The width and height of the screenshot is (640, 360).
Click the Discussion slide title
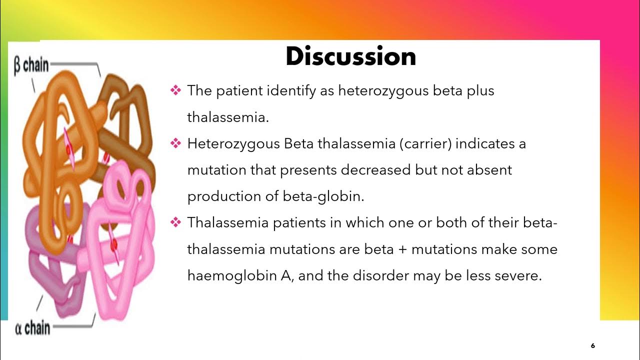tap(350, 56)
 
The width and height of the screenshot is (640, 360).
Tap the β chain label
tap(31, 65)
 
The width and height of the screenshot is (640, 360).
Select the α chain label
tap(32, 328)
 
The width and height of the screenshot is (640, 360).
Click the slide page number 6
tap(593, 345)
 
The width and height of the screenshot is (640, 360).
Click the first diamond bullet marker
tap(175, 90)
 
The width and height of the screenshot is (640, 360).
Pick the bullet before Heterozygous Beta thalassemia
tap(175, 143)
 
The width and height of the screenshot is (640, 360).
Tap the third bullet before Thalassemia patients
tap(175, 222)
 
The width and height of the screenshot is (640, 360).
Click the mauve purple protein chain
tap(47, 260)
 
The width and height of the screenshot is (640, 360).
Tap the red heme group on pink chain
tap(114, 243)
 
